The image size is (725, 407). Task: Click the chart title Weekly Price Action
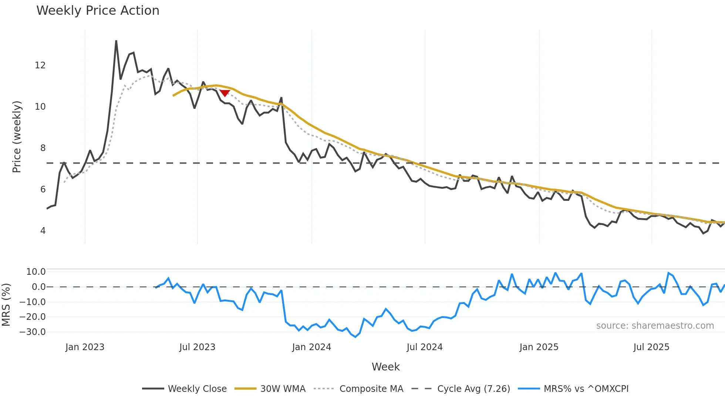[98, 11]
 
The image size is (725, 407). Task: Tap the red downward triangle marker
[225, 93]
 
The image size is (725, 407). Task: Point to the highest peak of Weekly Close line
[116, 41]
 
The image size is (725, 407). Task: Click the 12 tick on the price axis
[40, 65]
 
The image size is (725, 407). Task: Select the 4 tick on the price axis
[43, 231]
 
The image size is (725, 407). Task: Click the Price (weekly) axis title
[17, 137]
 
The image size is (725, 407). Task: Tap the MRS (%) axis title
[6, 305]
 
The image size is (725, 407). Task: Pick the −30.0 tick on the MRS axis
[33, 332]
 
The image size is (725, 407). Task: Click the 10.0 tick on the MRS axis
[36, 272]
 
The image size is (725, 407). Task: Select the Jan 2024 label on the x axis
[311, 347]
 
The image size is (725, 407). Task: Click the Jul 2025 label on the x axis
[651, 347]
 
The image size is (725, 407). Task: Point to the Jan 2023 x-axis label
[85, 347]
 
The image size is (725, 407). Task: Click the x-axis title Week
[385, 367]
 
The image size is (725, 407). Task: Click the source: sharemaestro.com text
[655, 326]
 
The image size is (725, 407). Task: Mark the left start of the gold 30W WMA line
[173, 96]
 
